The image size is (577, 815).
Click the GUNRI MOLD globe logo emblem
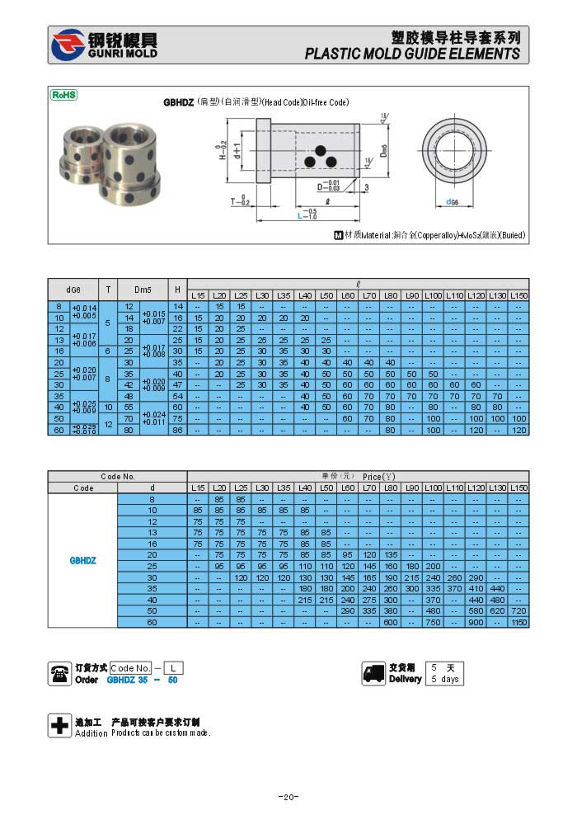coord(68,45)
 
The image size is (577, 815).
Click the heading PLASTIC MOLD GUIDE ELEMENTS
coord(412,54)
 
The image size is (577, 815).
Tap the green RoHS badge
coord(64,95)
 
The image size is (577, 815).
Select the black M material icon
coord(338,235)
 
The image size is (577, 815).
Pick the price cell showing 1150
coord(518,623)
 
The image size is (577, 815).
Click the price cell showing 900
coord(476,623)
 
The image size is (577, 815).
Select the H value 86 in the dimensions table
coord(177,430)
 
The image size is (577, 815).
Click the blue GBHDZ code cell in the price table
coord(83,560)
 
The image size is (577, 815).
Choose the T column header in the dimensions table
coord(108,290)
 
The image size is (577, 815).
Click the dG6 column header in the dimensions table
coord(73,290)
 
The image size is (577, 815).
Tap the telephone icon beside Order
coord(60,673)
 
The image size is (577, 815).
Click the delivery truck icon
coord(373,673)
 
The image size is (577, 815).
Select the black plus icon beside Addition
coord(60,726)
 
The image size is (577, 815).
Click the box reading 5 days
coord(444,679)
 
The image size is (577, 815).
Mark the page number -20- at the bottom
coord(288,797)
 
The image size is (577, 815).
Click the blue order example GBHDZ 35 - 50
coord(143,680)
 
